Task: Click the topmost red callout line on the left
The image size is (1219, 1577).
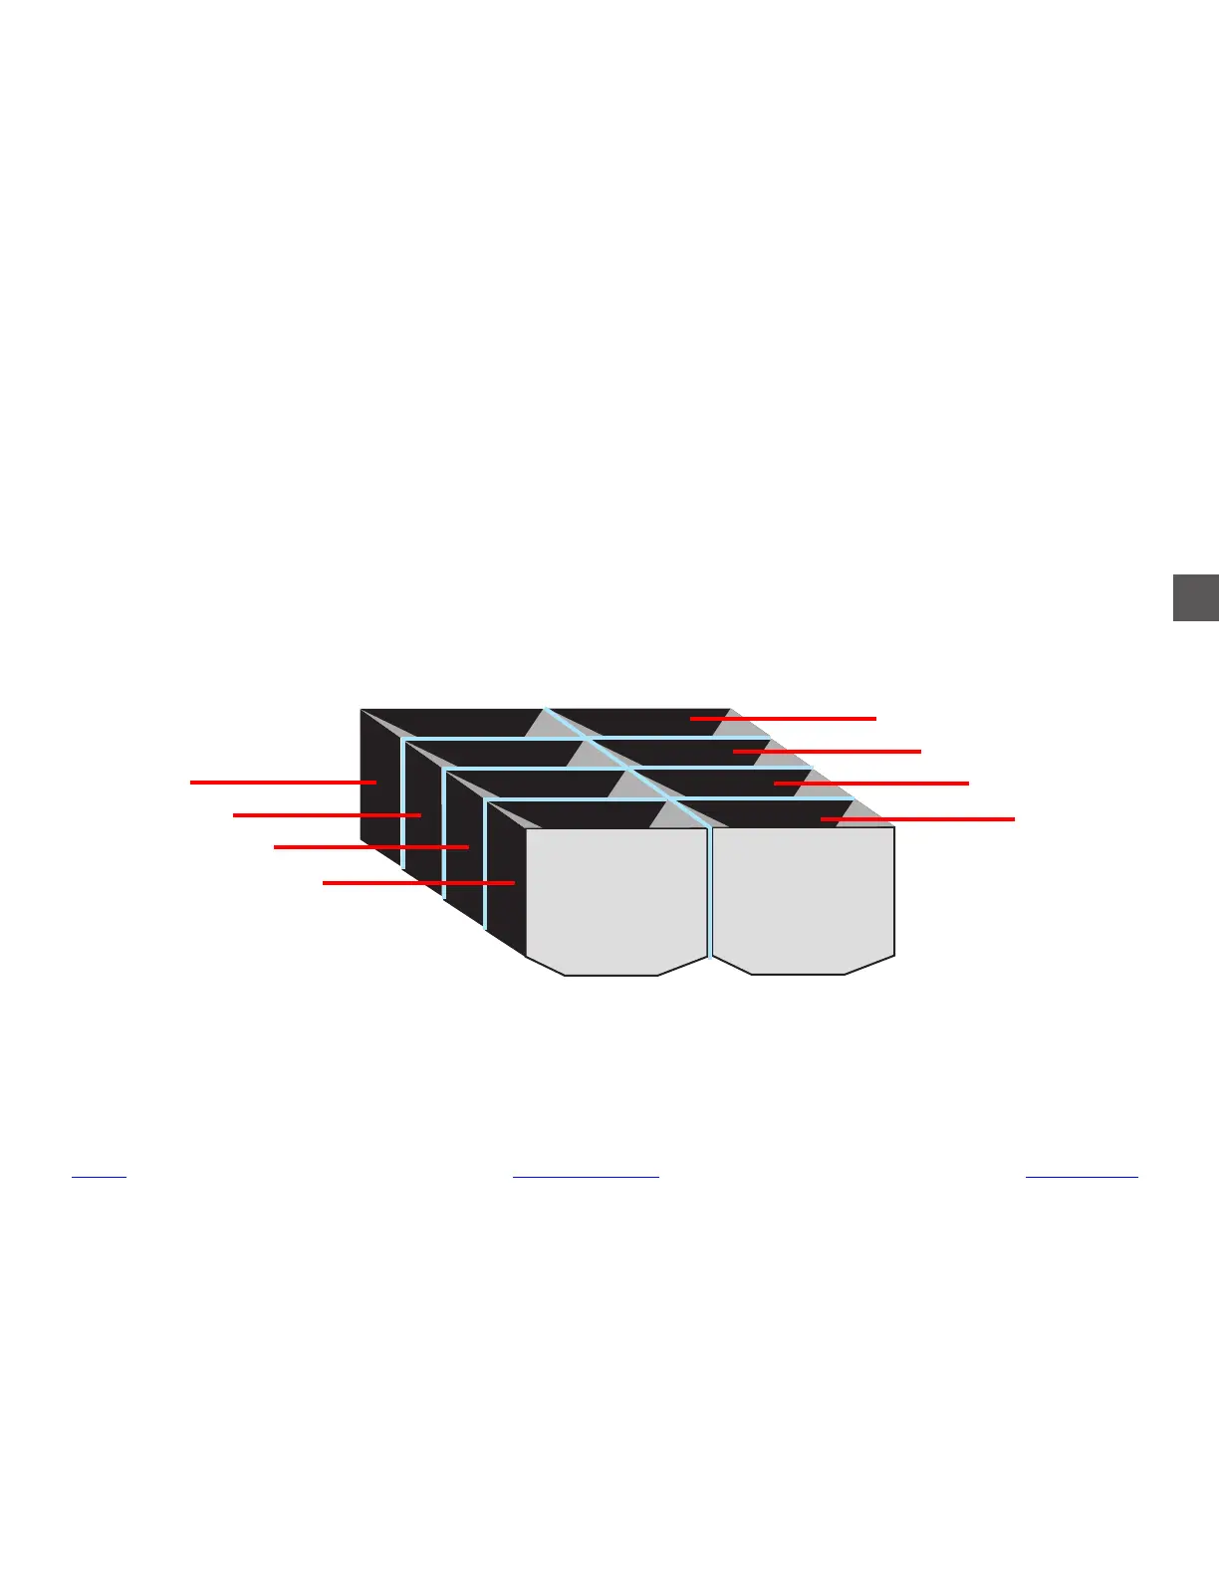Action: [283, 783]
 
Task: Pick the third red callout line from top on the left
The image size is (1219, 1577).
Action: [370, 847]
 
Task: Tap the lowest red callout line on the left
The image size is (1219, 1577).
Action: [418, 882]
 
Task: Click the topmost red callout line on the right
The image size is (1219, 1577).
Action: [783, 718]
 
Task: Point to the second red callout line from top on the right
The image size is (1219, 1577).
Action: [827, 752]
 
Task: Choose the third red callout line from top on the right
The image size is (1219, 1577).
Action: [870, 784]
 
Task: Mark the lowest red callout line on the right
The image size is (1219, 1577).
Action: [917, 818]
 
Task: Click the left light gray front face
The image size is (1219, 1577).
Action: [615, 896]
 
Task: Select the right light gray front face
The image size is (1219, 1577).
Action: [803, 896]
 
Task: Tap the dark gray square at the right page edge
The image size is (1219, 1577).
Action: [1196, 597]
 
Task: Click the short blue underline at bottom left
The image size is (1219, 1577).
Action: [100, 1178]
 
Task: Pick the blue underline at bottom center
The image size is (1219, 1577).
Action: [586, 1178]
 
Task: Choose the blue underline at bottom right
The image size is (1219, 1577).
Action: [1082, 1178]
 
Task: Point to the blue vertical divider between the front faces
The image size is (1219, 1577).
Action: [709, 891]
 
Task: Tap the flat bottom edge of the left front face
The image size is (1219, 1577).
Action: [611, 975]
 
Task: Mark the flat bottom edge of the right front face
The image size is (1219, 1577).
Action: [798, 974]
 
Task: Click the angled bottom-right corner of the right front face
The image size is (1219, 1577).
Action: [870, 964]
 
